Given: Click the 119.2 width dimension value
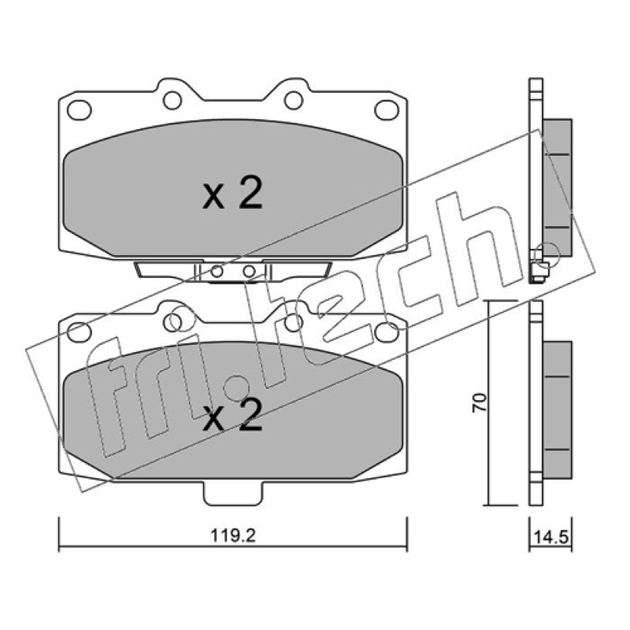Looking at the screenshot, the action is tap(233, 535).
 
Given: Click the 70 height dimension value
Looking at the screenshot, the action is tap(480, 402).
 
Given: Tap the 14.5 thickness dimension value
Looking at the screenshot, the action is tap(550, 537).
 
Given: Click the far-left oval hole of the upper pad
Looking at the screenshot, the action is tap(80, 109).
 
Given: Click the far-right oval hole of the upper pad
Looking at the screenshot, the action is tap(387, 109).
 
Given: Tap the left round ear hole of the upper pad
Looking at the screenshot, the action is tap(172, 101).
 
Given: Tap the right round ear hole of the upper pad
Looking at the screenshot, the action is tap(293, 101).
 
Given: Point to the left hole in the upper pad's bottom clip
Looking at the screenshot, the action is tap(217, 272).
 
